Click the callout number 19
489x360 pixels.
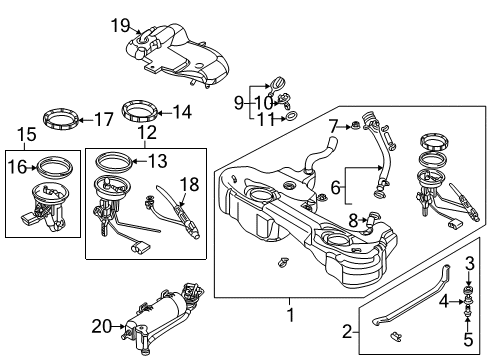coord(120,26)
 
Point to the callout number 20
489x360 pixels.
coord(101,326)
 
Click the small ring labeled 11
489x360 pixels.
coord(291,116)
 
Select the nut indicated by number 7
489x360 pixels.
coord(354,126)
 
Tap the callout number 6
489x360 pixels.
coord(336,187)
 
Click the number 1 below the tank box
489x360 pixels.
coord(291,314)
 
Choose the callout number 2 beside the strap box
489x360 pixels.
coord(347,332)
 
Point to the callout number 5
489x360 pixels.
coord(468,340)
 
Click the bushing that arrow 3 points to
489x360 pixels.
coord(468,289)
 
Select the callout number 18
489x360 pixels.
coord(189,184)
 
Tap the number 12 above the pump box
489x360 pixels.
coord(147,132)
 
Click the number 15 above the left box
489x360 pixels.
coord(27,135)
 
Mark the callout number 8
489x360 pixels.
coord(353,220)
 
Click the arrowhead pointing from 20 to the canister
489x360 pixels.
coord(122,327)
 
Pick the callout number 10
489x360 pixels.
coord(264,103)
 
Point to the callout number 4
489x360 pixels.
coord(444,302)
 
